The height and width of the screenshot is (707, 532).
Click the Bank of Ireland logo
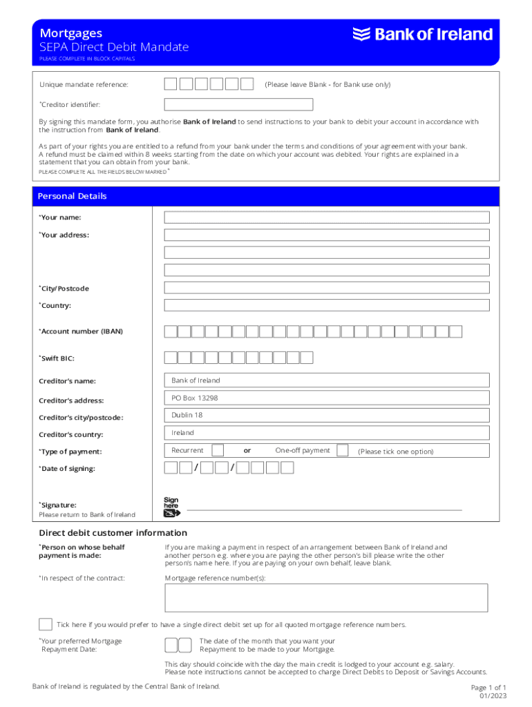tap(423, 35)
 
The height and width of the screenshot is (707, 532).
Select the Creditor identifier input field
tap(238, 105)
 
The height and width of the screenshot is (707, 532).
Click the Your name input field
tap(326, 217)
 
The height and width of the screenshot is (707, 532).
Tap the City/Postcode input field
tap(326, 288)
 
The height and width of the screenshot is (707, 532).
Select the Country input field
tap(326, 305)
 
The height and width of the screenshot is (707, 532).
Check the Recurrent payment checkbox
tap(218, 451)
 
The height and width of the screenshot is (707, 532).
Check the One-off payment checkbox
tap(343, 451)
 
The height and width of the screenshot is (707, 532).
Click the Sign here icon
tap(171, 507)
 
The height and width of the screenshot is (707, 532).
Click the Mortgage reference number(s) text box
tap(326, 598)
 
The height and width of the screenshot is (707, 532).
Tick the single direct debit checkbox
tap(46, 625)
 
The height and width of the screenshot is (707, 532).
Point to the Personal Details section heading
tap(73, 196)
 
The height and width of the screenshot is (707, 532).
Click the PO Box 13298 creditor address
tap(195, 398)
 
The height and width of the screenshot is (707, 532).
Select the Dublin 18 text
tap(187, 415)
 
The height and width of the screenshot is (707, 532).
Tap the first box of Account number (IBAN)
tap(170, 331)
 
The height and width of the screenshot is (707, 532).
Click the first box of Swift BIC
tap(170, 358)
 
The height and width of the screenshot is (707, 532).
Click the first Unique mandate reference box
tap(170, 84)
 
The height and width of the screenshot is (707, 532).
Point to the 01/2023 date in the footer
tap(493, 696)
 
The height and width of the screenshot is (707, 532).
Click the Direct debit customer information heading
tap(113, 533)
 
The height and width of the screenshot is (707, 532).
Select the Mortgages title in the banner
tap(71, 33)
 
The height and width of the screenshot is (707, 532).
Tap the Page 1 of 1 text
tap(488, 688)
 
